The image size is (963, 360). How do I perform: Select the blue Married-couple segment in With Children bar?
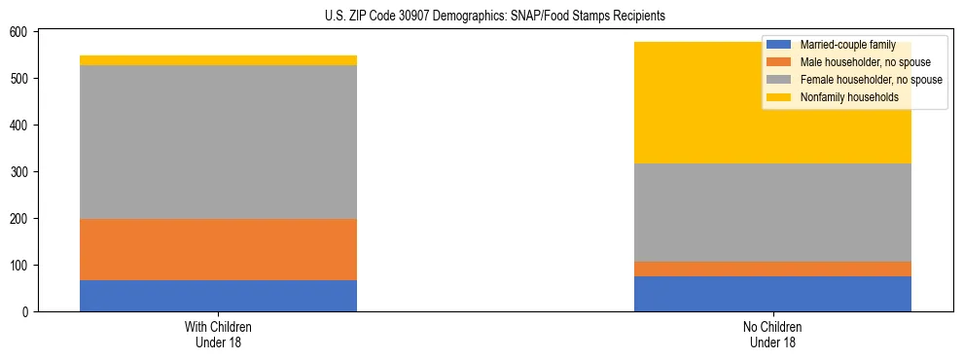pos(218,296)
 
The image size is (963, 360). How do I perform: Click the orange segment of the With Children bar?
pos(218,249)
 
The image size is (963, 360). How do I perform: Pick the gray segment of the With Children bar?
pos(218,142)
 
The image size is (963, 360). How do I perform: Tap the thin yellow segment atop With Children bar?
pos(218,60)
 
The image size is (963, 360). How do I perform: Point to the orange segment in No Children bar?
pos(772,269)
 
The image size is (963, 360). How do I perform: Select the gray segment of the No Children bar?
pos(772,212)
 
